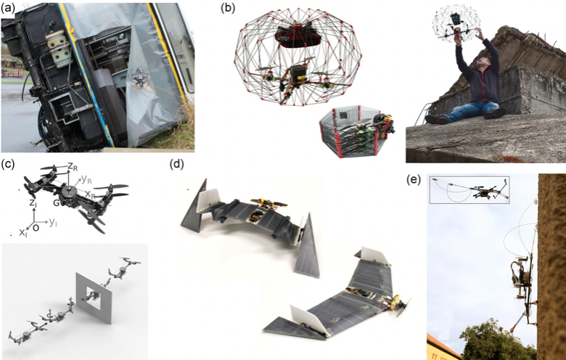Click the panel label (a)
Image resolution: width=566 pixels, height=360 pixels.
8,8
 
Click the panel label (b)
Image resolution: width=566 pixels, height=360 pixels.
228,8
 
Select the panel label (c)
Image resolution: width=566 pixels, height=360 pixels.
7,164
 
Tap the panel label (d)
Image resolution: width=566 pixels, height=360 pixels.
176,164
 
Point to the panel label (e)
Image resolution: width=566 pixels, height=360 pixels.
414,180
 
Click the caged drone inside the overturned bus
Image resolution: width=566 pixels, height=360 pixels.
139,77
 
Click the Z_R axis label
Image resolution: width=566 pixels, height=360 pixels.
73,167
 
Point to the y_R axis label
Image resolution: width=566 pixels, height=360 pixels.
86,179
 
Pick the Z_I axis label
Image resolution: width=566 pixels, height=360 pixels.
33,203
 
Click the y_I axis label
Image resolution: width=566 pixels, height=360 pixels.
53,222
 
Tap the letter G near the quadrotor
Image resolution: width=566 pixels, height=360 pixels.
56,203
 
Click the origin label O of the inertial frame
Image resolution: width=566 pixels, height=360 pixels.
36,228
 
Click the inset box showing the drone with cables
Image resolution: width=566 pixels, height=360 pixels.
469,190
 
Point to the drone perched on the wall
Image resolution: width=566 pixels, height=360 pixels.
523,285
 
